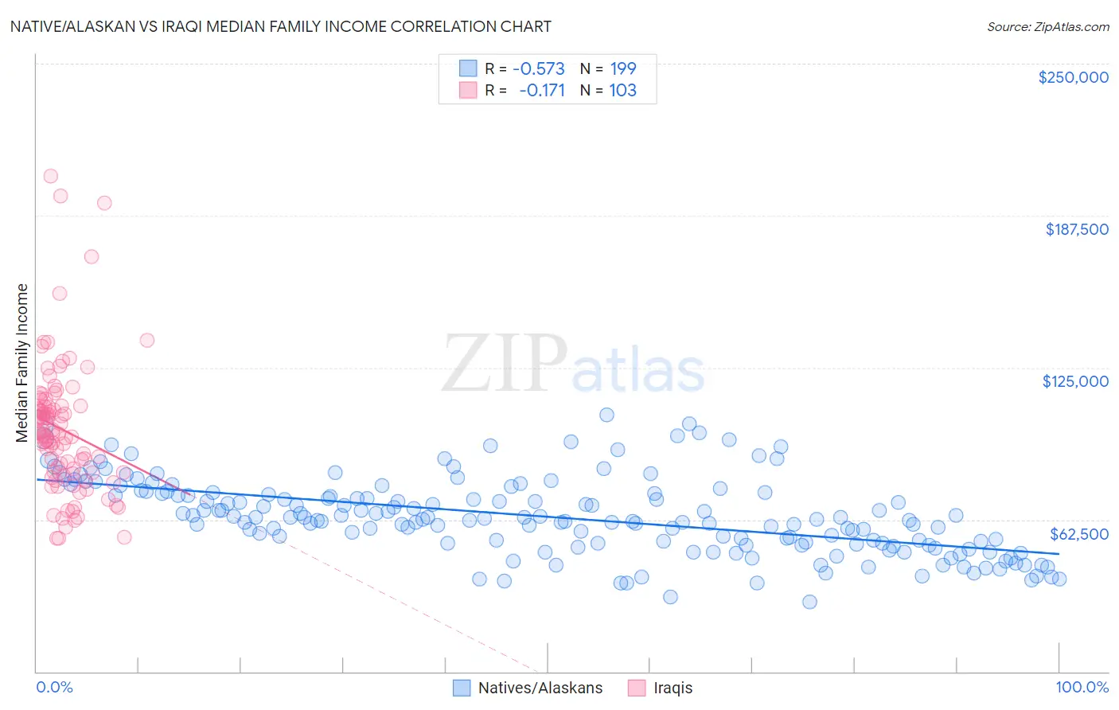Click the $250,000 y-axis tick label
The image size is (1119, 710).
(x=1073, y=77)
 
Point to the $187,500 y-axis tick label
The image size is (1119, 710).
(x=1076, y=229)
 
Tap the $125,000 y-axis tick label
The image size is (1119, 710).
(x=1075, y=381)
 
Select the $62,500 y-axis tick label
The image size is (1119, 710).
(x=1079, y=534)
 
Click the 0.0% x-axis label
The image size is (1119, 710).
(x=54, y=687)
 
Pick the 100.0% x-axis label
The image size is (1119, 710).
(x=1082, y=687)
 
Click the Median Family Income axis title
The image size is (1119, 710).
(x=22, y=363)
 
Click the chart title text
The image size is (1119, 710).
(x=280, y=26)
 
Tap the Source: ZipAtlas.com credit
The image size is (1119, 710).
(x=1047, y=26)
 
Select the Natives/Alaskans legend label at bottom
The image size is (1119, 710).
(x=540, y=688)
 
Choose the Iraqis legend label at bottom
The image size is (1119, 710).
(x=673, y=688)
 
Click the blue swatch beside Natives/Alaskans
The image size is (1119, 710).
(x=462, y=688)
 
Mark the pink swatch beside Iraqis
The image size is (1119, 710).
(x=637, y=688)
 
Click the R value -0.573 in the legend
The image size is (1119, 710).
(x=538, y=68)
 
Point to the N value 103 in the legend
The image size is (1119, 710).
(x=622, y=91)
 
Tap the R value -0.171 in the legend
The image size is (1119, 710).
(x=541, y=91)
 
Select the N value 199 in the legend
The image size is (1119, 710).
(x=622, y=68)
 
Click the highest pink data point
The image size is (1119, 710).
(x=50, y=176)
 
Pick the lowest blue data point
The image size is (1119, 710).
(x=809, y=602)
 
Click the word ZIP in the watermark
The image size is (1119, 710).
(x=505, y=365)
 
